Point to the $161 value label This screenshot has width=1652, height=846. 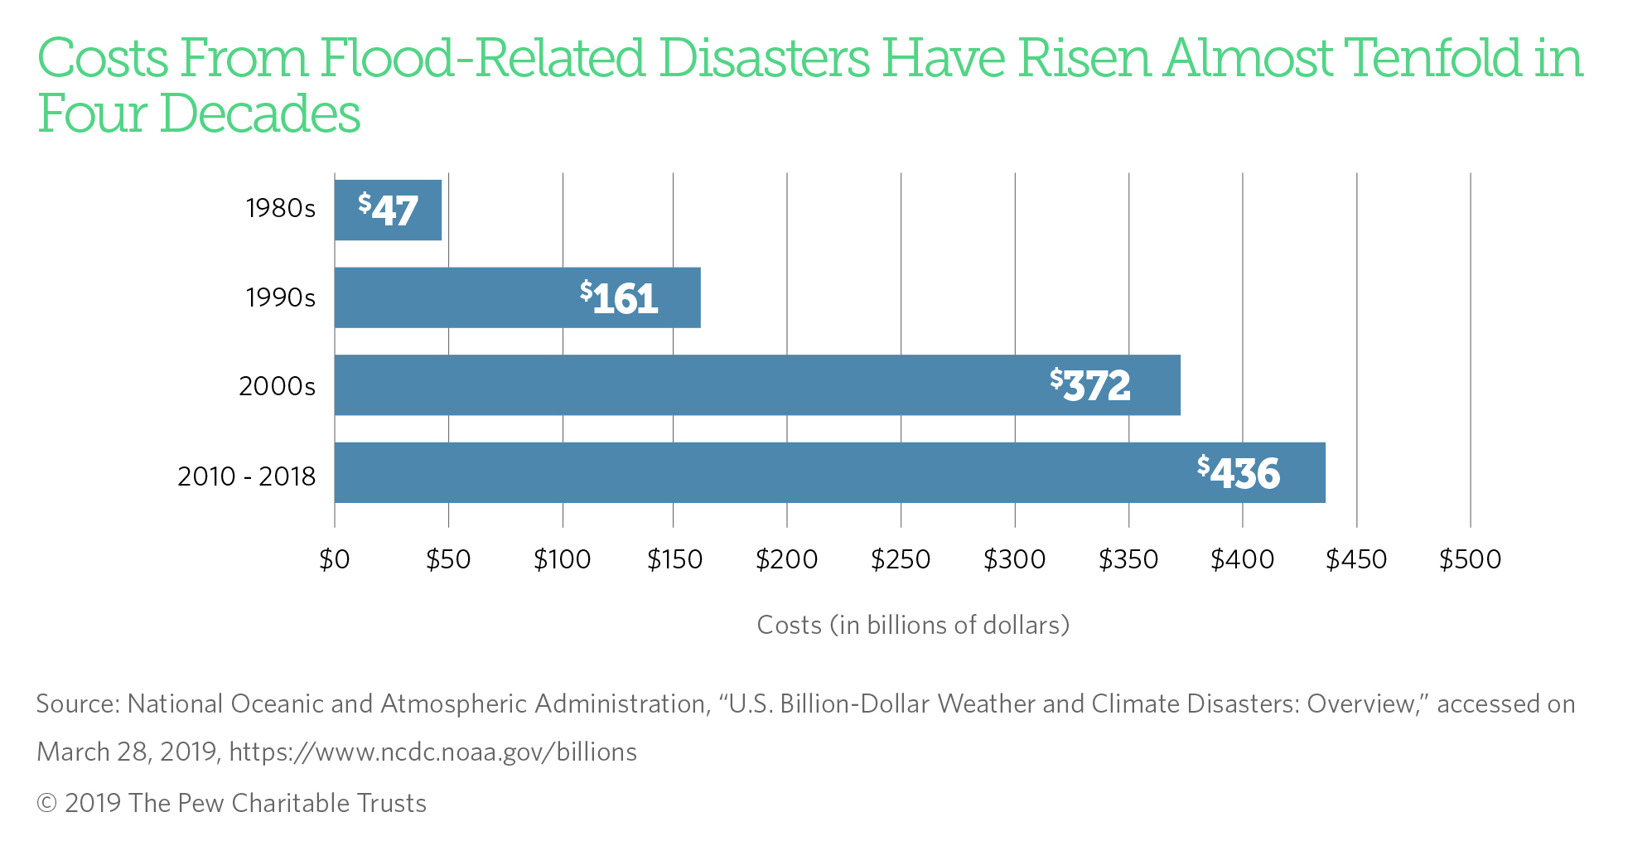coord(619,297)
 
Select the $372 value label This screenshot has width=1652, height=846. coord(1090,385)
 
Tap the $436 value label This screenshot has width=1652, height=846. coord(1239,472)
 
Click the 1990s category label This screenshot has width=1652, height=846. coord(280,297)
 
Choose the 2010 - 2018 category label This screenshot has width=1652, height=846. coord(246,476)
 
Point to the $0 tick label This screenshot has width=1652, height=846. coord(335,560)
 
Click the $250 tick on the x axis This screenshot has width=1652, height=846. coord(901,560)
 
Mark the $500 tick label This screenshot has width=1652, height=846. coord(1470,560)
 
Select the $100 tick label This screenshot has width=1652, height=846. coord(562,560)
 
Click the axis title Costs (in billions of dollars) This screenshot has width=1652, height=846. coord(913,625)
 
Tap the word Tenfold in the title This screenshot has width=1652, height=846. coord(1432,58)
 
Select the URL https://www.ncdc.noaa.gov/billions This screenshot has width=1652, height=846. coord(432,752)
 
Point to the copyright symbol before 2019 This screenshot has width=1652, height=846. coord(46,804)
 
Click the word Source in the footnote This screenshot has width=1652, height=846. coord(78,704)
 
